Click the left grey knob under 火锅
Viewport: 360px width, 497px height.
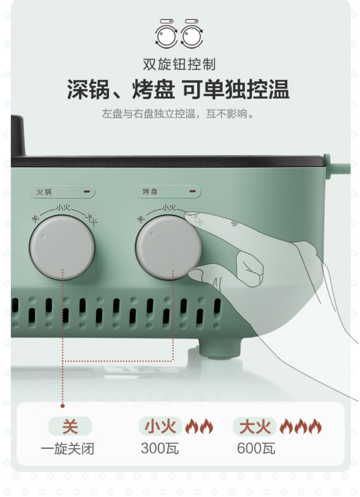[62, 247]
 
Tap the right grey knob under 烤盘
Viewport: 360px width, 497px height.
[168, 247]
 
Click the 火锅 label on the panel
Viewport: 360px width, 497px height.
[44, 192]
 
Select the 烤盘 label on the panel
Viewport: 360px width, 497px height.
[150, 191]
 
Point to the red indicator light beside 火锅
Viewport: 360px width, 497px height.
[87, 191]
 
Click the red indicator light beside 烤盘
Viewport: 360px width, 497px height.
[192, 191]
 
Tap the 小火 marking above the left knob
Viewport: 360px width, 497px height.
[63, 208]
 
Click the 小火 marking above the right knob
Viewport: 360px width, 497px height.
[169, 208]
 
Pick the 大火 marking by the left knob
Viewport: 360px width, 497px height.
[91, 219]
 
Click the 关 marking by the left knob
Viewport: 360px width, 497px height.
[35, 218]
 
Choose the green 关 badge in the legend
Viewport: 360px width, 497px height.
[70, 426]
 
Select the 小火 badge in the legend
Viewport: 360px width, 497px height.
[160, 426]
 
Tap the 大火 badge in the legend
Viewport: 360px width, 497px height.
[255, 426]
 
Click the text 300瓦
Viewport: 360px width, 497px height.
[160, 449]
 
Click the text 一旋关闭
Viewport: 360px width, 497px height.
[68, 449]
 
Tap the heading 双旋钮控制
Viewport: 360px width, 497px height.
[179, 65]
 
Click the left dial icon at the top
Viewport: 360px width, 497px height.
[166, 34]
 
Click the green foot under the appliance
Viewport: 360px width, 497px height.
[220, 349]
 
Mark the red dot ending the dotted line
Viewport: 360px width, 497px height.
[63, 406]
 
